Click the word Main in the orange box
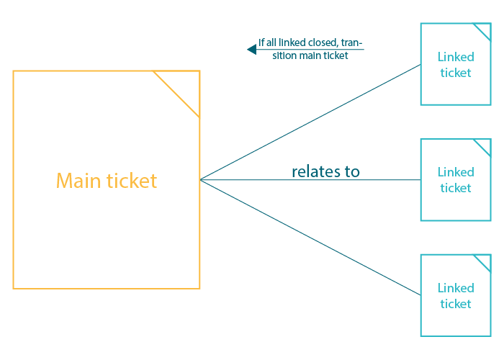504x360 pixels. [x=78, y=180]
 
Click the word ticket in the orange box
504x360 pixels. [x=132, y=180]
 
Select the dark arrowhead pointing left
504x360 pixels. [x=252, y=50]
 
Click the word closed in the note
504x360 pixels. [x=321, y=42]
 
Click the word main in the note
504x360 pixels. [x=310, y=55]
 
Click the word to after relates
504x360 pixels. [x=352, y=171]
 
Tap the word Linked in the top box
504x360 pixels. [x=456, y=57]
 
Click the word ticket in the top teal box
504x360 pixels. [x=456, y=73]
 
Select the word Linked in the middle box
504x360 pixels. [x=456, y=172]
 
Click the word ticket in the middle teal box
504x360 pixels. [x=456, y=188]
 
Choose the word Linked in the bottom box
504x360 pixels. [x=456, y=288]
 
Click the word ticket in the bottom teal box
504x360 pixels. [x=456, y=304]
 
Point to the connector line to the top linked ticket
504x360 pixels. [x=310, y=122]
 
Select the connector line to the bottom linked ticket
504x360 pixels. [x=310, y=237]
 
